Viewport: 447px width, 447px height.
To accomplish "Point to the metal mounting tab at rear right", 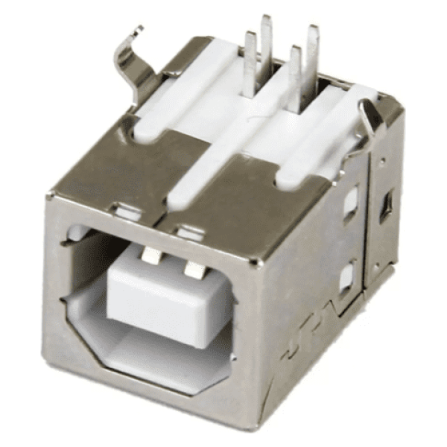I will [x=370, y=115].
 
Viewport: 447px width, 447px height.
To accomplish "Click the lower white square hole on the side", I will [x=346, y=278].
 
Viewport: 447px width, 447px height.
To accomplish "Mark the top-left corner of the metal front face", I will [x=51, y=195].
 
